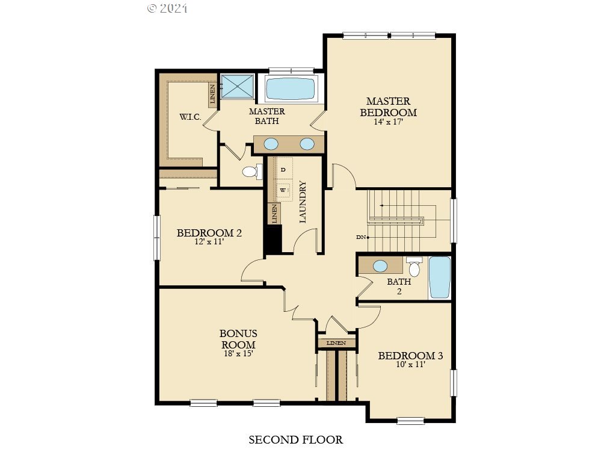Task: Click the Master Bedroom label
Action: click(x=388, y=107)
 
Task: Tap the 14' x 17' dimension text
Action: click(x=388, y=122)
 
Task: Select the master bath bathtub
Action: click(x=290, y=88)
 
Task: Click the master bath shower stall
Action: click(x=237, y=86)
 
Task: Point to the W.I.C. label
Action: click(x=190, y=117)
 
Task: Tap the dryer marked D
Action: click(x=283, y=170)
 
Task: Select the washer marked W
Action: click(x=283, y=190)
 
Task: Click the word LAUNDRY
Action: click(x=303, y=202)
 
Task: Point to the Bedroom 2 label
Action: click(x=209, y=233)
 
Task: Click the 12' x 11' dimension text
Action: click(x=209, y=242)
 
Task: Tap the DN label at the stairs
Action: click(x=360, y=237)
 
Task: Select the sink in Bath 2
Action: click(x=380, y=266)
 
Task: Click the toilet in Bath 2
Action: click(x=414, y=267)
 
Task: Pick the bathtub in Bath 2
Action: click(x=440, y=277)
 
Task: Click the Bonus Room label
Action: click(x=238, y=339)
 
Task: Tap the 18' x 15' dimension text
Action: click(x=238, y=354)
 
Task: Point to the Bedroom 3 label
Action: click(x=410, y=356)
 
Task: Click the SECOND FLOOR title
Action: click(x=295, y=440)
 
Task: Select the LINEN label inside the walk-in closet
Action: click(x=212, y=94)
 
